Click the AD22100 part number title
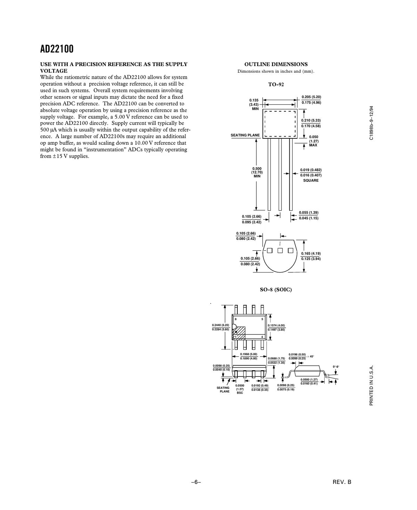coord(57,49)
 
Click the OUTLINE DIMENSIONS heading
coord(276,64)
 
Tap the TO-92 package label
coord(276,84)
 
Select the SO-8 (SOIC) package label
coord(276,290)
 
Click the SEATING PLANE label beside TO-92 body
coord(245,135)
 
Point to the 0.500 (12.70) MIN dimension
coord(257,172)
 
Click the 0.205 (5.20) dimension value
coord(311,97)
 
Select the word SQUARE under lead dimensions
coord(311,180)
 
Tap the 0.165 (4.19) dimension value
coord(311,253)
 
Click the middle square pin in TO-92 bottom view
coord(280,250)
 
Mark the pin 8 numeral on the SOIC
coord(236,319)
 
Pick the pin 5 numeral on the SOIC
coord(262,319)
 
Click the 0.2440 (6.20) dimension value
coord(220,325)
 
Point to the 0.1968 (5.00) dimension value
coord(248,354)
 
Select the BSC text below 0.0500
coord(240,393)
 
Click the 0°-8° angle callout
coord(336,367)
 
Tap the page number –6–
coord(196,482)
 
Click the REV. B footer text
coord(342,482)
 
